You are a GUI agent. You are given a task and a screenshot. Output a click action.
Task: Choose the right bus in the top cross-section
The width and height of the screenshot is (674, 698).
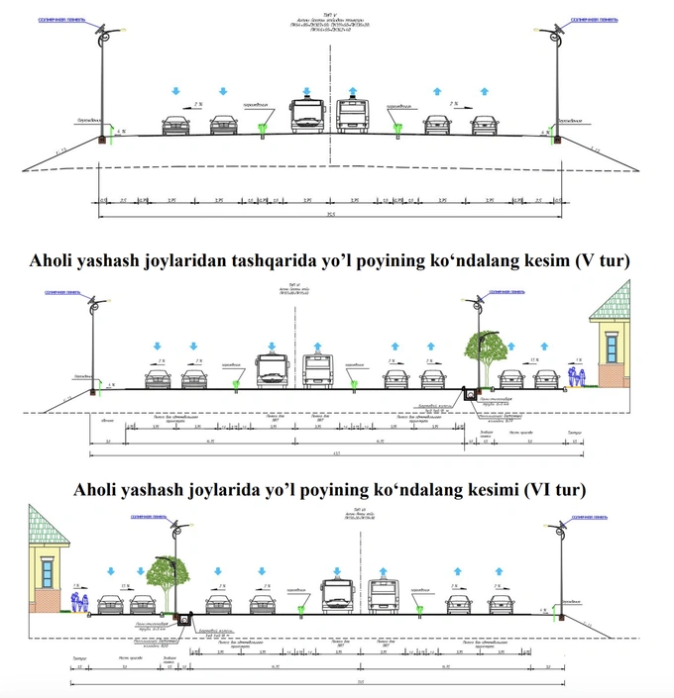[351, 116]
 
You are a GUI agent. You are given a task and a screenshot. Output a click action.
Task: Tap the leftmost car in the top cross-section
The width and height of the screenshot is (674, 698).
[176, 125]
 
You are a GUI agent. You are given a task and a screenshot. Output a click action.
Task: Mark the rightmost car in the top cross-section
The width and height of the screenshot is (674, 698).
[483, 125]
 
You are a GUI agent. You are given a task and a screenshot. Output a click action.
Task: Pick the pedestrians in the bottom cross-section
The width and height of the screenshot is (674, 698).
[80, 602]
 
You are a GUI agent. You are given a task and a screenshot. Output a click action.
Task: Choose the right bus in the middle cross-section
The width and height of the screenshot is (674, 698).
[318, 370]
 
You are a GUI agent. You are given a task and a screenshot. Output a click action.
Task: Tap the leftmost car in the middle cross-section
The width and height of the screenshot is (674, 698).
[159, 379]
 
